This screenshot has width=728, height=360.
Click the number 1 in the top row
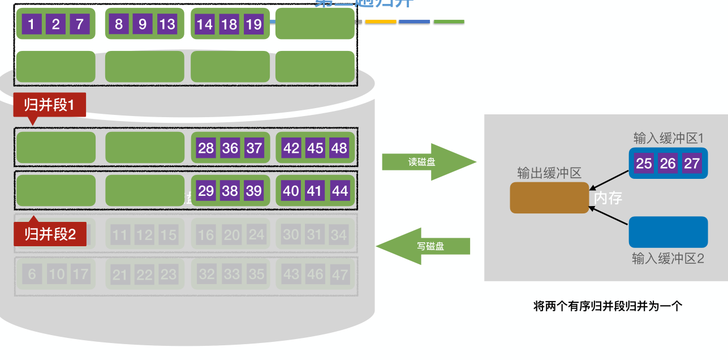32,24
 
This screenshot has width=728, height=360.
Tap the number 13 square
167,24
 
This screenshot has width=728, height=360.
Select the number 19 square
253,24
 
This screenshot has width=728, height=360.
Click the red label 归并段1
49,105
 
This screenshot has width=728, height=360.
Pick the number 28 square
206,148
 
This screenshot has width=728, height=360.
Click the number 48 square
339,148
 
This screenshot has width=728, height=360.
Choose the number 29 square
206,191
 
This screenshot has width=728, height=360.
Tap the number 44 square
339,191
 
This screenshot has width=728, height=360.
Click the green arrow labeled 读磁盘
429,162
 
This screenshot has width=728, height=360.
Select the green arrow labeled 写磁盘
424,246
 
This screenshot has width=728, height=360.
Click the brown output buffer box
549,198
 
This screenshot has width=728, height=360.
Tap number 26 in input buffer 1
668,164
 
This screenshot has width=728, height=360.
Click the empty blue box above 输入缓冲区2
668,232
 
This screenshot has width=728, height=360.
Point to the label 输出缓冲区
549,173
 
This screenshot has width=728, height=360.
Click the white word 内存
608,198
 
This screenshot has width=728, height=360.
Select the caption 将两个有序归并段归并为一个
608,306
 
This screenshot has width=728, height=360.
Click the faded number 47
339,275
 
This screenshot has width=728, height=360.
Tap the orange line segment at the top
380,22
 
